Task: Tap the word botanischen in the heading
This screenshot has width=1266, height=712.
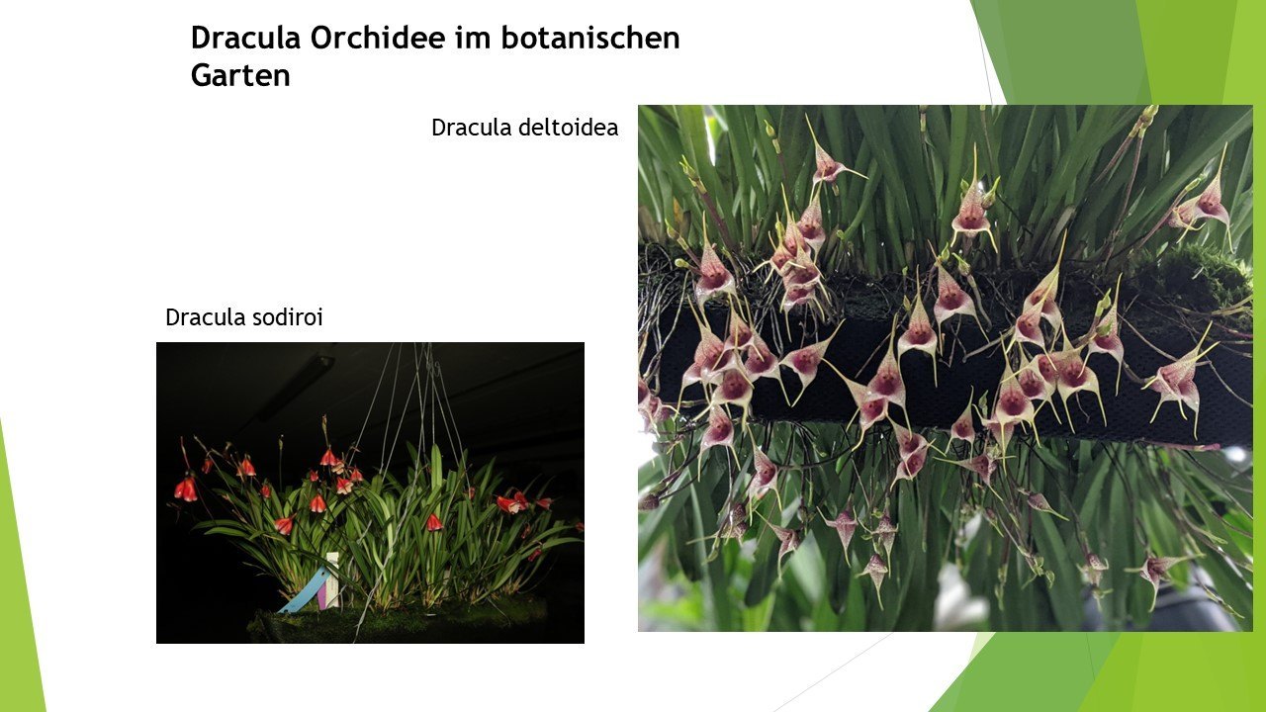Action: click(x=590, y=38)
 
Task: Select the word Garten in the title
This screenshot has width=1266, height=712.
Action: click(x=240, y=75)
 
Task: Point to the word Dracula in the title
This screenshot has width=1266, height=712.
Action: click(x=245, y=38)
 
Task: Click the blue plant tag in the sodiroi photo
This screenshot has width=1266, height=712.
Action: click(x=304, y=591)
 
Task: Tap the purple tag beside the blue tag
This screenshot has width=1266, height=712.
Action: click(x=322, y=596)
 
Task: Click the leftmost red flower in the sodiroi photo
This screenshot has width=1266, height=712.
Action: click(x=186, y=489)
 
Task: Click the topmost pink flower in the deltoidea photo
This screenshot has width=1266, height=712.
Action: click(x=827, y=164)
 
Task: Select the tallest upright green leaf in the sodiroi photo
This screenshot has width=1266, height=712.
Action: click(x=436, y=469)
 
